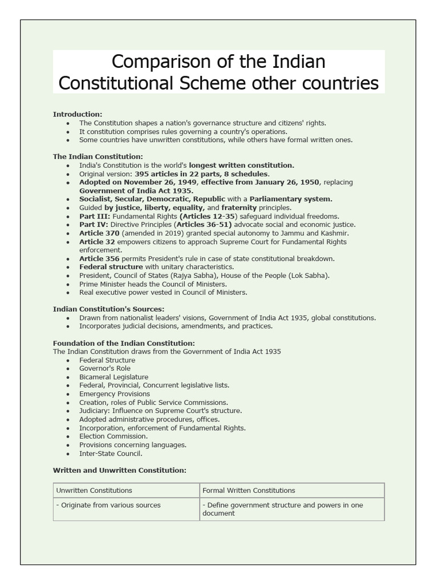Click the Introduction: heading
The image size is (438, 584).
pos(78,114)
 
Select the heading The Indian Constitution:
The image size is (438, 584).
pos(98,156)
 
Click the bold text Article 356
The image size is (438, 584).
pos(100,258)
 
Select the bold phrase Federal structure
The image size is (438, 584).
pos(111,267)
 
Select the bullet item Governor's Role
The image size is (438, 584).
pos(105,368)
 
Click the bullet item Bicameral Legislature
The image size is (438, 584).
pos(113,377)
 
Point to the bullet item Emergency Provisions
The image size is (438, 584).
pos(115,394)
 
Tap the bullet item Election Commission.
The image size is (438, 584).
pos(113,436)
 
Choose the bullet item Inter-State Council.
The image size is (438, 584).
pos(111,453)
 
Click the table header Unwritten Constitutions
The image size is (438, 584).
pos(94,490)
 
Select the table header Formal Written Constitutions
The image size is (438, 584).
pos(249,490)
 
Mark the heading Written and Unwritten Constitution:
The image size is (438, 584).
pos(119,470)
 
